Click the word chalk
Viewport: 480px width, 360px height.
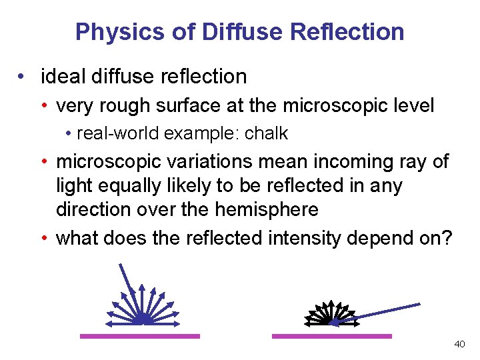click(x=266, y=133)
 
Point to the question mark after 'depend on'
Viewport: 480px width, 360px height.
click(x=446, y=238)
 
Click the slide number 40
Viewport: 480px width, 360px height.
click(x=459, y=344)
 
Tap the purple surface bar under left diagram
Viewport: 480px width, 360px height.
click(x=140, y=336)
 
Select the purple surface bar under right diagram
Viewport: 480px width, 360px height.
click(x=332, y=336)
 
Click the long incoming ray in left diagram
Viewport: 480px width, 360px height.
click(x=128, y=287)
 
